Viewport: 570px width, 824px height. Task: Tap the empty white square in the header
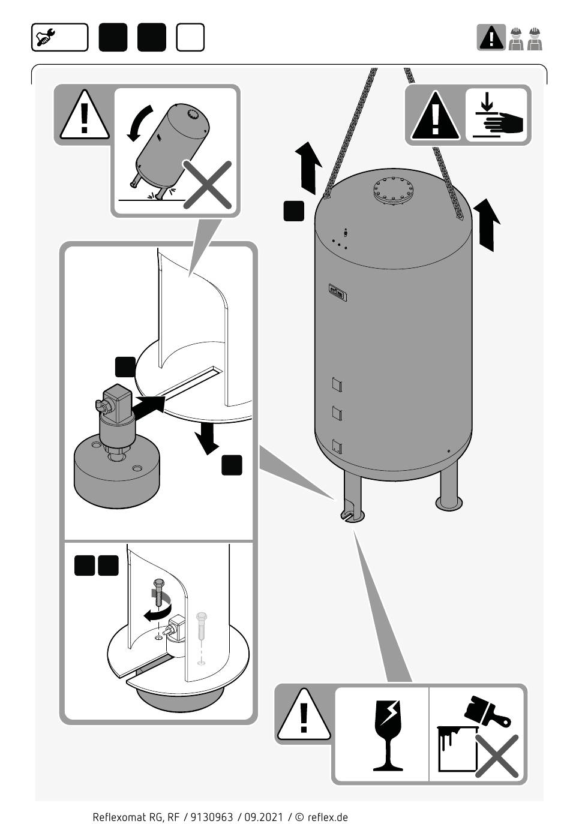point(190,37)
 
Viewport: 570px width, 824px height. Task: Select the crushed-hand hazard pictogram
point(497,115)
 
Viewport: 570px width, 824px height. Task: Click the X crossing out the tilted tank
point(207,185)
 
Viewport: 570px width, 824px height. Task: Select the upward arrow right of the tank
point(487,225)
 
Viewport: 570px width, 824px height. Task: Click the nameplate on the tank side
point(336,292)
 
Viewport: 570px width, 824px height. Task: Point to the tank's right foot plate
point(448,503)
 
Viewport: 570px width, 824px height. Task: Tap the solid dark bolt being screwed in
point(158,594)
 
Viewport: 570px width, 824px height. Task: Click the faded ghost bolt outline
point(201,627)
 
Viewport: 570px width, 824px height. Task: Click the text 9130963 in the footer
point(211,817)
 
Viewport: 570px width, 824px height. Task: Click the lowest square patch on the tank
point(337,446)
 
